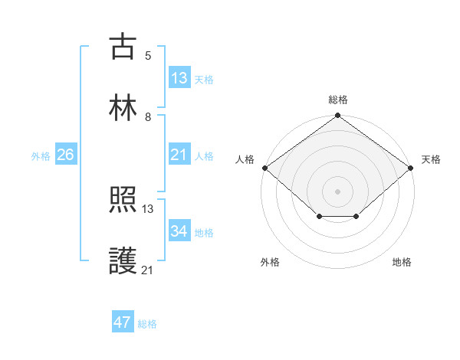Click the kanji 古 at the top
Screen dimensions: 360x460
coord(123,47)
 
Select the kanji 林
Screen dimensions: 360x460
coord(123,107)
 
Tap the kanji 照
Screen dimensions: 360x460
coord(123,201)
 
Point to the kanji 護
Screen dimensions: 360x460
coord(123,260)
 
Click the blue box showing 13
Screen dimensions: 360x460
coord(179,78)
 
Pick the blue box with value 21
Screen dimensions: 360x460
coord(179,155)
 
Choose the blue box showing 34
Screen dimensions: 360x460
coord(179,231)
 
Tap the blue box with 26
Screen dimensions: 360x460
coord(65,155)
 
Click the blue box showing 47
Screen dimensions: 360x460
coord(123,322)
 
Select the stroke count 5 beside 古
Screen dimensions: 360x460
coord(148,56)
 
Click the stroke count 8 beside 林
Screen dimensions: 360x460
coord(148,117)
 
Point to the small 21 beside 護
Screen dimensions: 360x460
coord(148,269)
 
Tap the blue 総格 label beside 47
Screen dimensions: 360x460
coord(147,324)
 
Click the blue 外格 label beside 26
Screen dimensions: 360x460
coord(41,156)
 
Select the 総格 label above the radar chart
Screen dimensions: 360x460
coord(338,100)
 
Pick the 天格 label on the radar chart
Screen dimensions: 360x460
coord(431,160)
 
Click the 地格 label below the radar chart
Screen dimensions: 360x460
coord(402,263)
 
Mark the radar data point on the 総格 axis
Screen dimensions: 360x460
coord(338,116)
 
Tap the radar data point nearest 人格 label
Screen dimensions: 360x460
coord(264,168)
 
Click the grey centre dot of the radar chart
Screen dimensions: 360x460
coord(338,191)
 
